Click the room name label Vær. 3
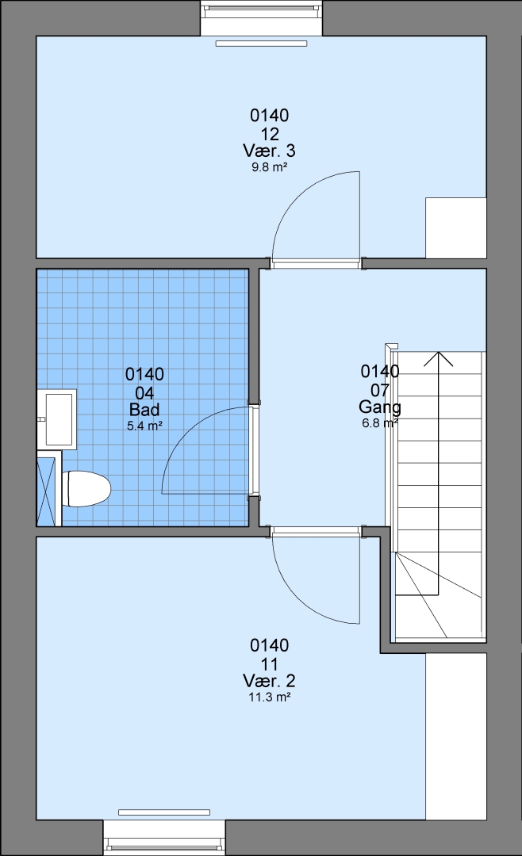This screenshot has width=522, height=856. coord(269,151)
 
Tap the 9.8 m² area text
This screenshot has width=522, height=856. coord(270,167)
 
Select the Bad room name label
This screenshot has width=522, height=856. coord(144,410)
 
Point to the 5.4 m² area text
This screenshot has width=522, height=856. coord(144,426)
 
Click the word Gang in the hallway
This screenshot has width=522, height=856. coord(380,407)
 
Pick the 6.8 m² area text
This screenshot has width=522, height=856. coord(379,423)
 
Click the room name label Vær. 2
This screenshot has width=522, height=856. coord(269,681)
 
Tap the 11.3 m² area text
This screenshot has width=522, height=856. coord(269,697)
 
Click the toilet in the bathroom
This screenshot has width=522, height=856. coord(86,488)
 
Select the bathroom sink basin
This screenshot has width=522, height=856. coord(57,419)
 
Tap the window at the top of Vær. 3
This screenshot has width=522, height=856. coord(262,17)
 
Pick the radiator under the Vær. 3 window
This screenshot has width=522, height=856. coord(261,43)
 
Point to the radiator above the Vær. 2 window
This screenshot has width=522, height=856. coord(164,812)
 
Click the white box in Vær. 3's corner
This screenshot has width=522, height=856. coord(456,227)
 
